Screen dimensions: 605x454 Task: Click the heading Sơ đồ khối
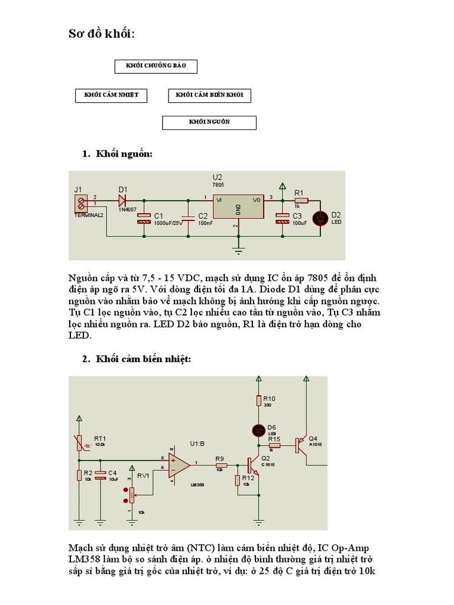(102, 35)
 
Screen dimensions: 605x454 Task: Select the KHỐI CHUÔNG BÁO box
(155, 66)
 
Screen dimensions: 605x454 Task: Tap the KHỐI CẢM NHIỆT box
(111, 95)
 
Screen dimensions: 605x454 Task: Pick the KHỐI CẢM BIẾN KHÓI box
(209, 95)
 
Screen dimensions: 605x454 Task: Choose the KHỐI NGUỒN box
(209, 122)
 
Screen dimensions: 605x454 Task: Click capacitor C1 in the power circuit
(145, 217)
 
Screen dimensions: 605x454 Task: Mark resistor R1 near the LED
(301, 201)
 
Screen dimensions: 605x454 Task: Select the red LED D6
(258, 430)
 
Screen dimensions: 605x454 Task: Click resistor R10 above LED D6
(258, 401)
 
